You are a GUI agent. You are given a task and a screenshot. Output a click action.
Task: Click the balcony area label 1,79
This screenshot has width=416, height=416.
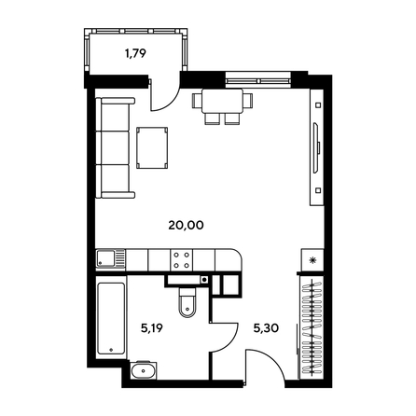(136, 53)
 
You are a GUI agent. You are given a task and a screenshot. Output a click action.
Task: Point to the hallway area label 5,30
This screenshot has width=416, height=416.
(266, 328)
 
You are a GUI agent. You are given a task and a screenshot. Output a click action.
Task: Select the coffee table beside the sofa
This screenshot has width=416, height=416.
(153, 147)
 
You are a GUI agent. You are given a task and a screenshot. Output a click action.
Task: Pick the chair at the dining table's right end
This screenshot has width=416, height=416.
(250, 99)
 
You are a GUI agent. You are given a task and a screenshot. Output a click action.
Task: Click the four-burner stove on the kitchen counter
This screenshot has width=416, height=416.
(179, 260)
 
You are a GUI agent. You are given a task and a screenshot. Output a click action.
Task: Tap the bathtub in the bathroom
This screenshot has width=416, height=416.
(111, 318)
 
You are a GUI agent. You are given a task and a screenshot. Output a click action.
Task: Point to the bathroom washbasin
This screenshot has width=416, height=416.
(145, 374)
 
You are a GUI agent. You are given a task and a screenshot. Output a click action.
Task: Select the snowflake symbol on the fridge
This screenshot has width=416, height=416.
(313, 260)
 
